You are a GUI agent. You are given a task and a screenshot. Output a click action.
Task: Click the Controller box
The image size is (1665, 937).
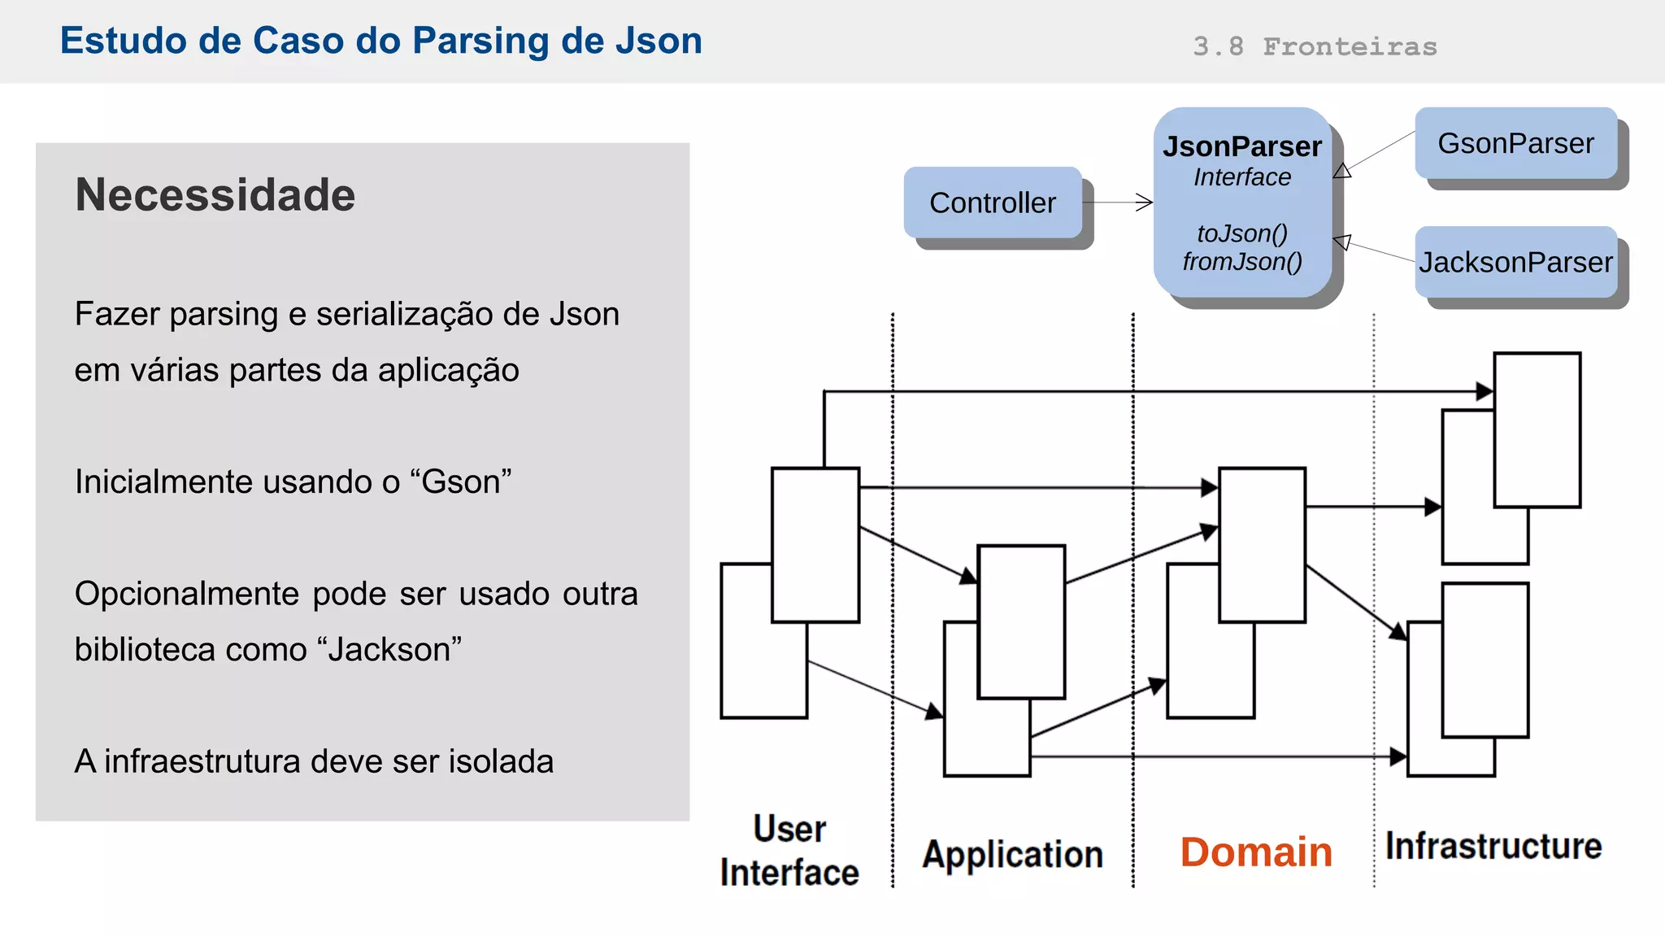pyautogui.click(x=993, y=203)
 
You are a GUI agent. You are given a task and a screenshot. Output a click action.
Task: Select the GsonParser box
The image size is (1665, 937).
pyautogui.click(x=1515, y=143)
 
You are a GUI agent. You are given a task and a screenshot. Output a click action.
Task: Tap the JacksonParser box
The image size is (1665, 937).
pyautogui.click(x=1515, y=262)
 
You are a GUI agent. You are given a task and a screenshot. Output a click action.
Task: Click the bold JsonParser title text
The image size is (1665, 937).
pyautogui.click(x=1242, y=146)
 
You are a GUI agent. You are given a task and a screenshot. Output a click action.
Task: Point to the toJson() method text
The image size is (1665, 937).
pyautogui.click(x=1242, y=233)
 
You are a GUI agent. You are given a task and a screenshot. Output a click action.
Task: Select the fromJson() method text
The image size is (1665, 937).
pyautogui.click(x=1242, y=261)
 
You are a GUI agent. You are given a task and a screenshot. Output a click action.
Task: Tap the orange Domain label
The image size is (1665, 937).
pyautogui.click(x=1256, y=852)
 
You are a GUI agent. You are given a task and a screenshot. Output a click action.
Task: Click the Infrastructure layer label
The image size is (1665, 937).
pyautogui.click(x=1493, y=846)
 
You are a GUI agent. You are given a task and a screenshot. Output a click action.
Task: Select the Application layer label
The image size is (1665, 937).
pyautogui.click(x=1013, y=855)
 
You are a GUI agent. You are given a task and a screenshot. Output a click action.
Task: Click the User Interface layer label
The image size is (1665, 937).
pyautogui.click(x=789, y=851)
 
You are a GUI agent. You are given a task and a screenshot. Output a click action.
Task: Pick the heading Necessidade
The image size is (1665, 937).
pyautogui.click(x=215, y=195)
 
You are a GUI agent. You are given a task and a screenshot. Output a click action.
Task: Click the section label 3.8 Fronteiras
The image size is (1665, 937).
pyautogui.click(x=1315, y=46)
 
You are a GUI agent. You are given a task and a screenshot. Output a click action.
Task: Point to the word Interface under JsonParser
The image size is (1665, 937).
pyautogui.click(x=1242, y=177)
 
